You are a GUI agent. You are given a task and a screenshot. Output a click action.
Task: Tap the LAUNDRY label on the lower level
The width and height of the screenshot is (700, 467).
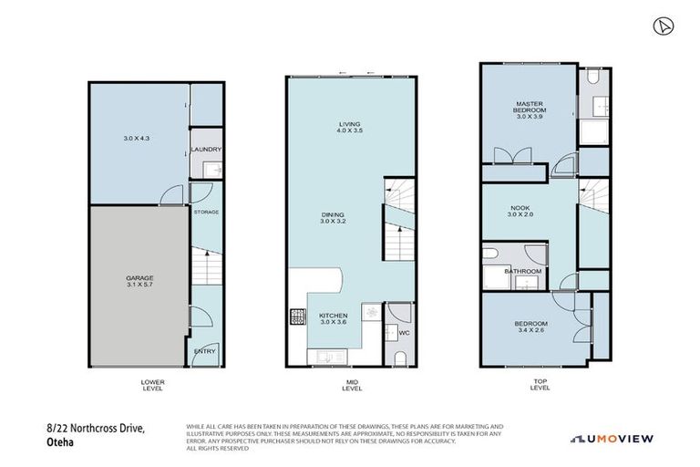tap(206, 150)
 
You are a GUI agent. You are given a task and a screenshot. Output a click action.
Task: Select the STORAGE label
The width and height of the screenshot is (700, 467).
tap(206, 212)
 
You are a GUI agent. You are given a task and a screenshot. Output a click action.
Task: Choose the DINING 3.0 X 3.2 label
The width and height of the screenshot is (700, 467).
tap(334, 219)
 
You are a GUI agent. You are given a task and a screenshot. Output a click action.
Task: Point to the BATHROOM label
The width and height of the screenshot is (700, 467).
tap(523, 271)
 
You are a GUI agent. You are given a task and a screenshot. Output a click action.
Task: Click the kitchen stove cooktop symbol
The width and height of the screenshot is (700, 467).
tap(298, 318)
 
